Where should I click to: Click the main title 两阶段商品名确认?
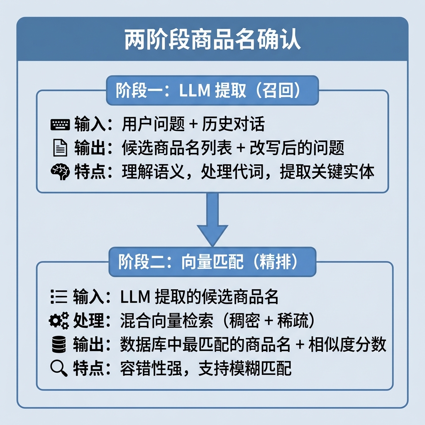click(x=212, y=39)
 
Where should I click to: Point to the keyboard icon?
click(x=60, y=125)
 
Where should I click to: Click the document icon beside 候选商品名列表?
click(x=60, y=148)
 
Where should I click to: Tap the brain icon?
click(x=60, y=171)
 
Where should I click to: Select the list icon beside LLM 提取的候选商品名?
click(x=59, y=296)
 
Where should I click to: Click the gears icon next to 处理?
click(x=59, y=320)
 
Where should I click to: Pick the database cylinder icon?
click(x=59, y=344)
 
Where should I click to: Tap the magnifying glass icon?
click(x=59, y=369)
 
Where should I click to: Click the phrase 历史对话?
click(x=233, y=125)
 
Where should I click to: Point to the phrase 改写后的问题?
click(x=297, y=148)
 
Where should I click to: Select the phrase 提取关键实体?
click(x=327, y=172)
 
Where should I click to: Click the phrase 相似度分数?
click(x=347, y=344)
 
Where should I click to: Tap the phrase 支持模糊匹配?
click(x=245, y=369)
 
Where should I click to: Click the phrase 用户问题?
click(x=153, y=125)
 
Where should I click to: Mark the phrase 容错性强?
click(x=151, y=369)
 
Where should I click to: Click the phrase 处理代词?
click(x=232, y=172)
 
